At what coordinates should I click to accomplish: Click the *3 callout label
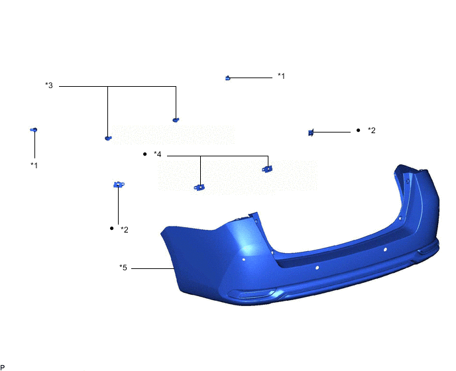point(49,85)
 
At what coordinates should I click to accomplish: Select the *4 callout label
point(157,154)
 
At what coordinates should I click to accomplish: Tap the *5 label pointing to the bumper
point(123,268)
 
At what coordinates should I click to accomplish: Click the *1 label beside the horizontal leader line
point(281,76)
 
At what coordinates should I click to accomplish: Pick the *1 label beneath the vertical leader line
point(34,166)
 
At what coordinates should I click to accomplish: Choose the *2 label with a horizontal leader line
point(371,131)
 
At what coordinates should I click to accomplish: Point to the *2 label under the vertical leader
point(124,230)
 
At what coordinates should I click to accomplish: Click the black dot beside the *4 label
point(145,154)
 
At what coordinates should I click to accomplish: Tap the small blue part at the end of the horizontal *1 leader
point(228,78)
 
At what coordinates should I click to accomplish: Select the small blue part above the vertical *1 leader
point(34,130)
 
